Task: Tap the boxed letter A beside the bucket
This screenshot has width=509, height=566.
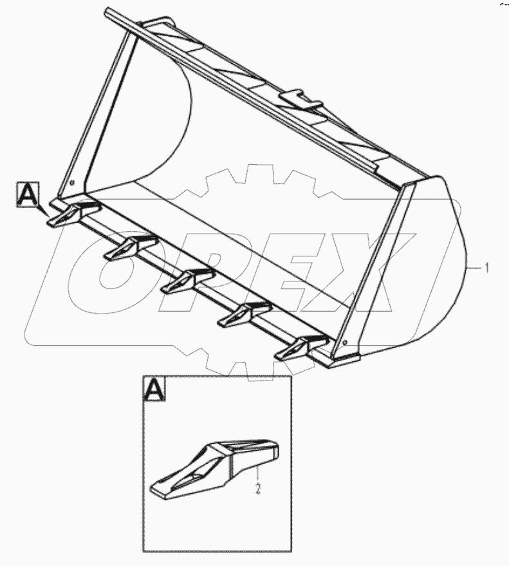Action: pos(28,193)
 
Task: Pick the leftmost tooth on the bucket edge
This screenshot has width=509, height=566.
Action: pos(70,214)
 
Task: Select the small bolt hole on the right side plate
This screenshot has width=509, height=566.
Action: pos(347,342)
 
